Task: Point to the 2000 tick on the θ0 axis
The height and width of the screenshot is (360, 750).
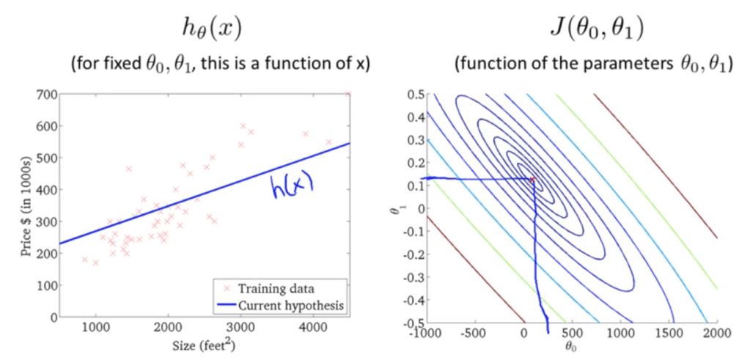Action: [716, 334]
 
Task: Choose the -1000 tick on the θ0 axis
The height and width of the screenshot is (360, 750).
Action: [426, 334]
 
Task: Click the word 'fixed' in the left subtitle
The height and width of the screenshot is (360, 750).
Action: [117, 64]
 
